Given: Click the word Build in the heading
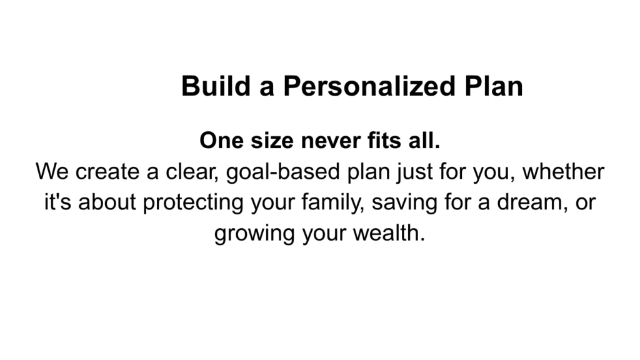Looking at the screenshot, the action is (216, 86).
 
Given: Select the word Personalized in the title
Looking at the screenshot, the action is (369, 86).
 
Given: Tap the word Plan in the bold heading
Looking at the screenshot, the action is (494, 86).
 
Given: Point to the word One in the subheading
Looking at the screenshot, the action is (221, 141).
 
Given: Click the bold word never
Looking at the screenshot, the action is (331, 141).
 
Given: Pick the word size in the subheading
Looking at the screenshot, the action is (272, 141).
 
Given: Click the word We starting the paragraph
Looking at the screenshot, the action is (52, 171).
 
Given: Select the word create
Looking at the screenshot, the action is (107, 171).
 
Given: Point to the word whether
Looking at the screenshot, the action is (563, 171).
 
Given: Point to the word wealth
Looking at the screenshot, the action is (389, 233).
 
